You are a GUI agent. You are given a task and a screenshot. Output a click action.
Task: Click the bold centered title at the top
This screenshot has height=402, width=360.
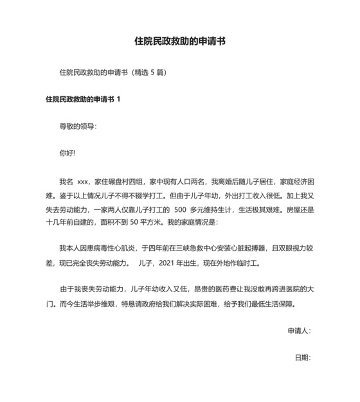(179, 42)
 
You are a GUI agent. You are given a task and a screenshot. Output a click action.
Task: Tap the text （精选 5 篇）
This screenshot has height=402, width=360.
(148, 73)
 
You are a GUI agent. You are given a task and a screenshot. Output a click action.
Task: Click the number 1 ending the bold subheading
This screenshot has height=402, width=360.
(118, 100)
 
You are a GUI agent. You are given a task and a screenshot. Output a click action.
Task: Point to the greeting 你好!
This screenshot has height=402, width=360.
(67, 153)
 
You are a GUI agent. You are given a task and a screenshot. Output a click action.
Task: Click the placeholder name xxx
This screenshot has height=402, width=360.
(83, 181)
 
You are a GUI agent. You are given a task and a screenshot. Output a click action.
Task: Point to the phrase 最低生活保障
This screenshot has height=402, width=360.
(278, 304)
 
